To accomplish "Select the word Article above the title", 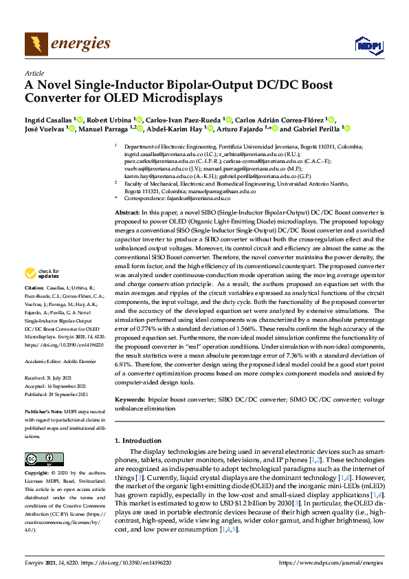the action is coord(34,73).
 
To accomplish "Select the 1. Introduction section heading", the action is coord(143,439).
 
